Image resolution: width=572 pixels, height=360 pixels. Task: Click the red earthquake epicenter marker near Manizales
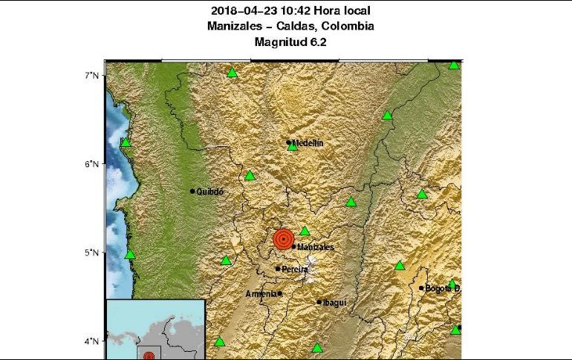tap(282, 239)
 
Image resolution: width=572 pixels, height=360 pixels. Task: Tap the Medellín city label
tap(308, 143)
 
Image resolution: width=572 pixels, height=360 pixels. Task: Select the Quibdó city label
tap(209, 192)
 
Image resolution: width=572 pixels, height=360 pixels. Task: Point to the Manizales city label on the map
tap(315, 246)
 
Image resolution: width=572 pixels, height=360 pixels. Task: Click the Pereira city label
tap(294, 269)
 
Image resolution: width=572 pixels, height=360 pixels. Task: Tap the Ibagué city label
tap(334, 302)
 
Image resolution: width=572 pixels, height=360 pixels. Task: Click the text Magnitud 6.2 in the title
tap(290, 42)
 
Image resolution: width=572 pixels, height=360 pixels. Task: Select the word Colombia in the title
tap(348, 27)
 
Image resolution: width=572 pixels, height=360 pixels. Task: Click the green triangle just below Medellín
tap(293, 147)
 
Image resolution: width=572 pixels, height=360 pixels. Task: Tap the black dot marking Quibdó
tap(192, 192)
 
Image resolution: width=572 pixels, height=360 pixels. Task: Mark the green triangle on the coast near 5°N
tap(130, 255)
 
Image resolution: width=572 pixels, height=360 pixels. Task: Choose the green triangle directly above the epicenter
tap(305, 231)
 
